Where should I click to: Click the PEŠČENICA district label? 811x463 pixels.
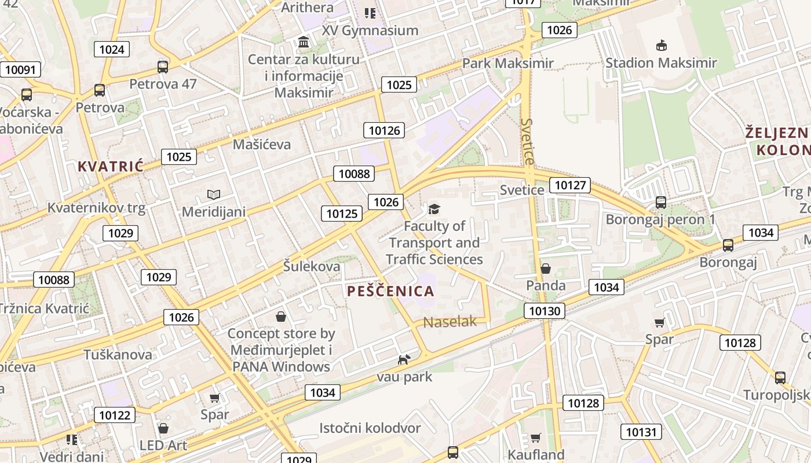390,291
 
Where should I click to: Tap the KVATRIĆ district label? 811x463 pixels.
110,167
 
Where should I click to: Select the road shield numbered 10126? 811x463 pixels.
384,130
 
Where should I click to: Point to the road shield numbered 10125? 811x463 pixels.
342,214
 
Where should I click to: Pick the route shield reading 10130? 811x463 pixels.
545,311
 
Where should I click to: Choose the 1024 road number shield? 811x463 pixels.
111,49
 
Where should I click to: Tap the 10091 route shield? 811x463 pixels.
20,70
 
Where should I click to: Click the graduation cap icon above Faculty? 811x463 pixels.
434,209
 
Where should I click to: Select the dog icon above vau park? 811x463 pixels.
404,359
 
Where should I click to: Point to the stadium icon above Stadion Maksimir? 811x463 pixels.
660,45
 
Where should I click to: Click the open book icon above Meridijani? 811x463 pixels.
214,194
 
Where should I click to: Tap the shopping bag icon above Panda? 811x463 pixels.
545,269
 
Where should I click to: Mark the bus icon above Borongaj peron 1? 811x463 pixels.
660,202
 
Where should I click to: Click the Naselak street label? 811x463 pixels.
450,322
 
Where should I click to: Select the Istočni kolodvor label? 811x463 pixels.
370,428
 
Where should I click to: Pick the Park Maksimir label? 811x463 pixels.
507,63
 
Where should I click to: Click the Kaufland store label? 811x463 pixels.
536,454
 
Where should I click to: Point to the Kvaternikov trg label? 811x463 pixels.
96,207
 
